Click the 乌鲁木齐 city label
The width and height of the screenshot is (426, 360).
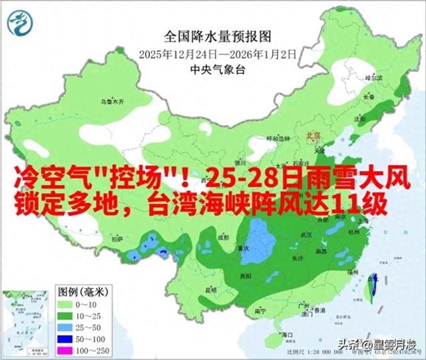point(112,103)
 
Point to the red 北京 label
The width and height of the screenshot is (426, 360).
point(313,135)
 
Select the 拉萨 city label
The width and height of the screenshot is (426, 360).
point(118,238)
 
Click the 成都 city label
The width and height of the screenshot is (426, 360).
point(222,237)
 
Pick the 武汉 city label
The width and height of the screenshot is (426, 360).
point(307,235)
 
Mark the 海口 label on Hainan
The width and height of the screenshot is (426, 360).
point(288,333)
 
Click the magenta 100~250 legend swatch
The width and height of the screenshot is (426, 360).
point(66,350)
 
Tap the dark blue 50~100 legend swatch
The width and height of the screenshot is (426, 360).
point(66,338)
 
